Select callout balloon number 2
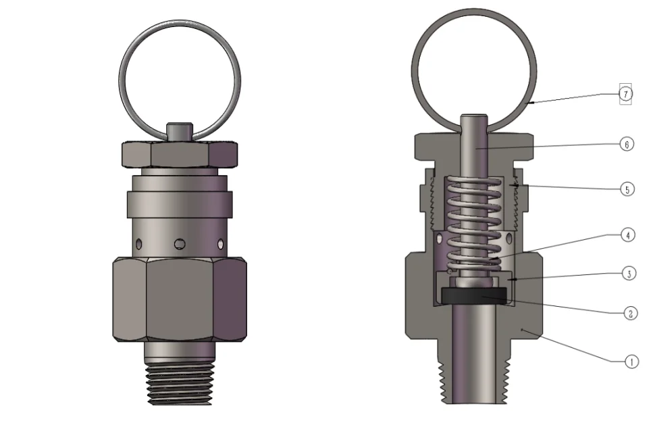click(x=629, y=313)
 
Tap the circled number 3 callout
click(x=629, y=274)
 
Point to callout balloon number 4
click(x=629, y=235)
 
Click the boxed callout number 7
click(x=627, y=94)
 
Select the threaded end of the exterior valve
click(x=179, y=384)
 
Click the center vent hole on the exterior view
click(x=180, y=243)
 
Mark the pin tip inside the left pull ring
click(x=179, y=130)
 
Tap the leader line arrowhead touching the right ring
click(x=531, y=103)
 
